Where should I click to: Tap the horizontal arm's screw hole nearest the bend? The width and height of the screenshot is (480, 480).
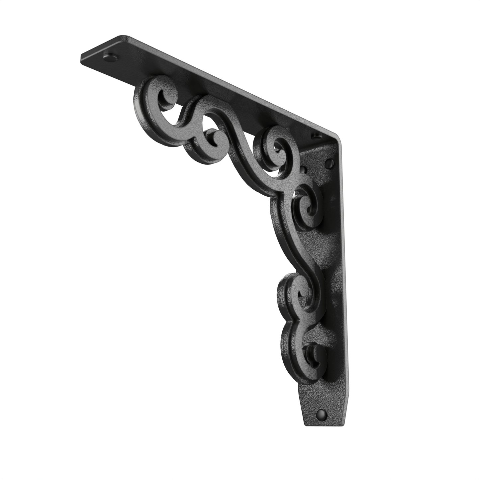tap(315, 136)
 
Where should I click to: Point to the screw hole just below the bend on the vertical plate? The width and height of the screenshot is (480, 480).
tap(330, 163)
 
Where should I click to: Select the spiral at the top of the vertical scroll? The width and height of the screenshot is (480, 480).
tap(307, 207)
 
